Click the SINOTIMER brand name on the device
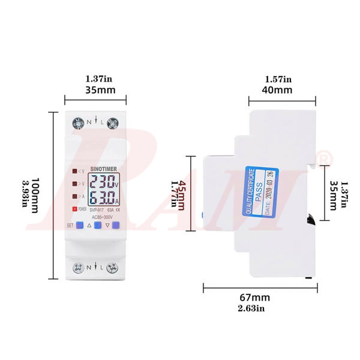(103, 170)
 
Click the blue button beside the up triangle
(96, 226)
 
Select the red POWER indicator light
(76, 209)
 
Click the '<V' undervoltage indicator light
(75, 172)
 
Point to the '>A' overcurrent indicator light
(75, 196)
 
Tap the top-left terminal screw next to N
(77, 123)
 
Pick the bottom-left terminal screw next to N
(77, 268)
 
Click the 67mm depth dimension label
(254, 298)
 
